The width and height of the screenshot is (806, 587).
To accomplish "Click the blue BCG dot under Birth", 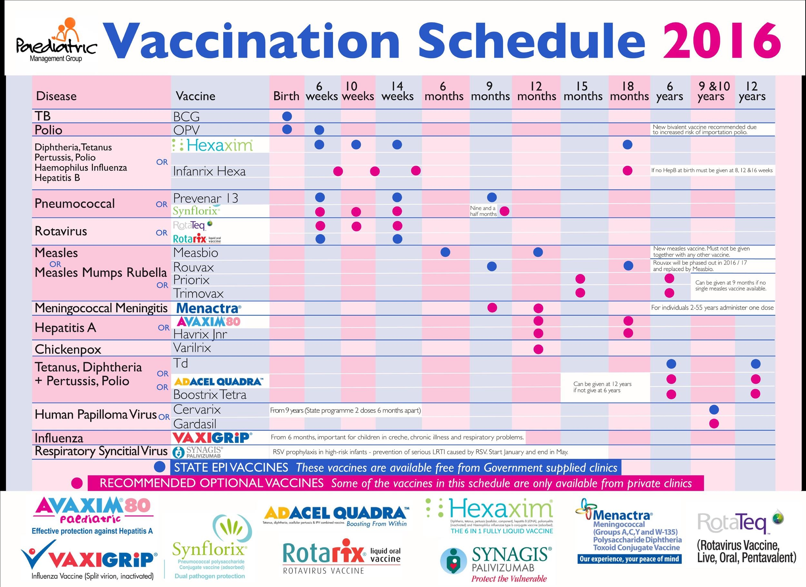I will [287, 116].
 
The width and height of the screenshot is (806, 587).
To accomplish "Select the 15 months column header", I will [583, 91].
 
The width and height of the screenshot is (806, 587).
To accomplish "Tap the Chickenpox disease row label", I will [68, 349].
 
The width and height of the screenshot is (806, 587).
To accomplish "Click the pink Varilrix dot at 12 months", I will [538, 349].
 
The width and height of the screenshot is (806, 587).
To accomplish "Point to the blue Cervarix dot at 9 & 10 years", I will [713, 409].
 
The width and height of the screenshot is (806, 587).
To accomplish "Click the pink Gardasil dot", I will [713, 423].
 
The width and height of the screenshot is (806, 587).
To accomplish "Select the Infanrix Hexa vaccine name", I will [209, 171].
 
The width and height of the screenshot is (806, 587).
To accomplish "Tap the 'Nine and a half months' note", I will [483, 211].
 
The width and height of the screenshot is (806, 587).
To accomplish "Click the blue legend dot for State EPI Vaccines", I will [160, 467].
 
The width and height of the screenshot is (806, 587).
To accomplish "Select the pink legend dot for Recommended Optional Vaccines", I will [77, 483].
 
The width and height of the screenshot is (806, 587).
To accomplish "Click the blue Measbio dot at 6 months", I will [445, 252].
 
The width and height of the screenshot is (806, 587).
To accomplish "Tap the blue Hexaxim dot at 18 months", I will [627, 145].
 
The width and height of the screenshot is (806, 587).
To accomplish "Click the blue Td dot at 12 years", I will [755, 364].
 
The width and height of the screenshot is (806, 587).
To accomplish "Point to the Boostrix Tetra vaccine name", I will [210, 395].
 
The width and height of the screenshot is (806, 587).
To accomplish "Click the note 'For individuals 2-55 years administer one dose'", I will [712, 308].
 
